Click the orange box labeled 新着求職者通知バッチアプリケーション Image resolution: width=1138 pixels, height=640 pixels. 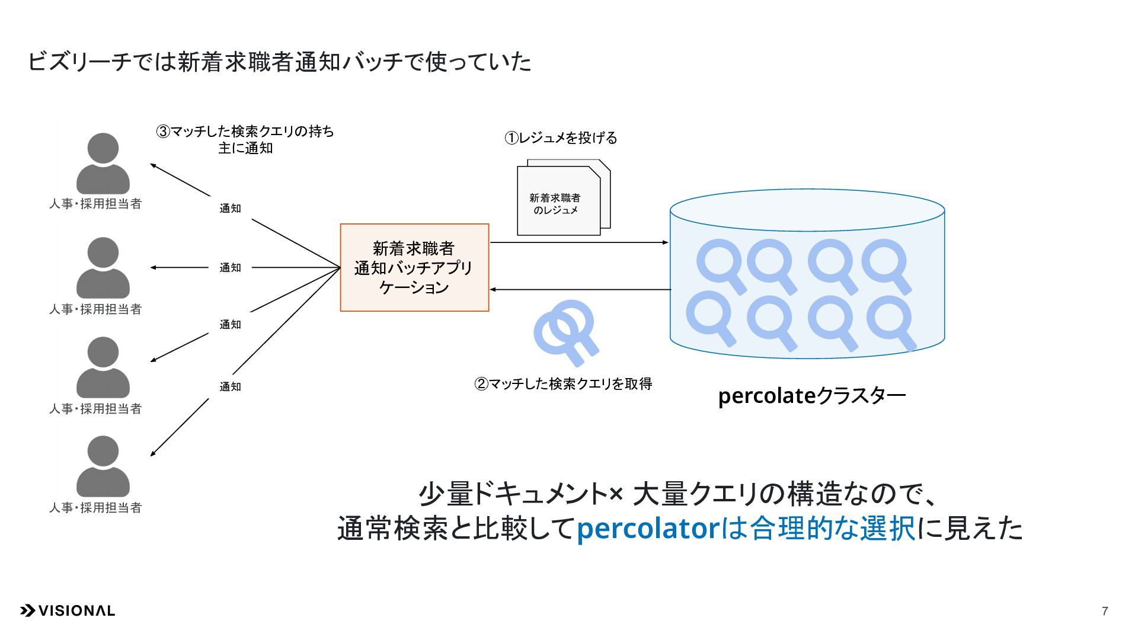[x=414, y=267]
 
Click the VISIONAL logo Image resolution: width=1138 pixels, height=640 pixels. [x=68, y=610]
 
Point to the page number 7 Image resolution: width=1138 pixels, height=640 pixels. [x=1105, y=611]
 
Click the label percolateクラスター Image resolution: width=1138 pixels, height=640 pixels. [x=811, y=396]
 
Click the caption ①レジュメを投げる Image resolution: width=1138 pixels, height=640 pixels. [x=561, y=138]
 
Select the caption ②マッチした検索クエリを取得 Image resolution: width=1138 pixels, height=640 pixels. [x=563, y=384]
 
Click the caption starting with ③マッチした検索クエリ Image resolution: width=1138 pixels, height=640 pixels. [x=245, y=139]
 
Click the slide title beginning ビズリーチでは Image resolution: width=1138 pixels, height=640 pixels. [x=279, y=62]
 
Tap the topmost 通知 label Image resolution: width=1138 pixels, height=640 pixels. [x=230, y=208]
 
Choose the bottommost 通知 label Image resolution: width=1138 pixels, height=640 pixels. [x=230, y=386]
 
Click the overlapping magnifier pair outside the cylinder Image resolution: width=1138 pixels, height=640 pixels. [x=567, y=332]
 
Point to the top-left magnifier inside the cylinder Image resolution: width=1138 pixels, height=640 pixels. [x=721, y=265]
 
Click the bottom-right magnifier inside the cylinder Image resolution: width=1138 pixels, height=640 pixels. [x=891, y=322]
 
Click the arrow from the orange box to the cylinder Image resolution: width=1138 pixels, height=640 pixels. [x=580, y=242]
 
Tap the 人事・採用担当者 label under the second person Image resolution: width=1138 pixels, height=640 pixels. [x=95, y=309]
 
